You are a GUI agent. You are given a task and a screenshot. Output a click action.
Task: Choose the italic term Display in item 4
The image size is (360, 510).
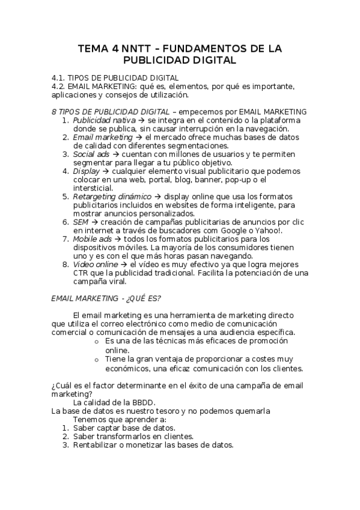coord(86,171)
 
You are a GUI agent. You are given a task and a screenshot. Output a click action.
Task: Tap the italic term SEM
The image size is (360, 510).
coord(81,221)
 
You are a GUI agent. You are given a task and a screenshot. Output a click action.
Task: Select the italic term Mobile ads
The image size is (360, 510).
coord(93,239)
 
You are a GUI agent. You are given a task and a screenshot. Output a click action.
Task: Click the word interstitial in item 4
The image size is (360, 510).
coord(92,188)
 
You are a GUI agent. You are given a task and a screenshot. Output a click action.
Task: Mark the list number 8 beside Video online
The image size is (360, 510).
coord(65,264)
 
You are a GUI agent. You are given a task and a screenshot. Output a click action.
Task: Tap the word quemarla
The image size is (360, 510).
coord(252,411)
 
